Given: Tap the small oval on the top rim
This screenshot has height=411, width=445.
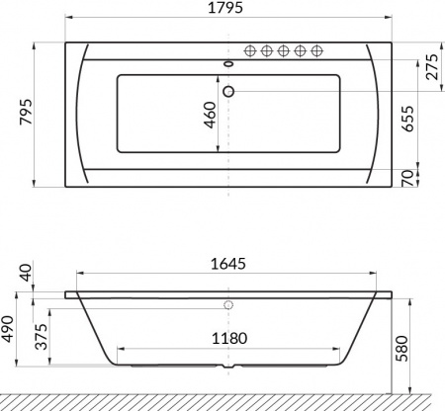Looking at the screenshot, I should (230, 66).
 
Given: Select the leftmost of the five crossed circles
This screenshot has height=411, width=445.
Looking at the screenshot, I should (251, 50).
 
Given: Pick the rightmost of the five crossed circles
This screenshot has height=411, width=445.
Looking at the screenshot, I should (316, 50).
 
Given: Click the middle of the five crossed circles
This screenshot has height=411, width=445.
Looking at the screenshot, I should (284, 50).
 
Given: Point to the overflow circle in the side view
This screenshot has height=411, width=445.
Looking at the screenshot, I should (230, 305).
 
